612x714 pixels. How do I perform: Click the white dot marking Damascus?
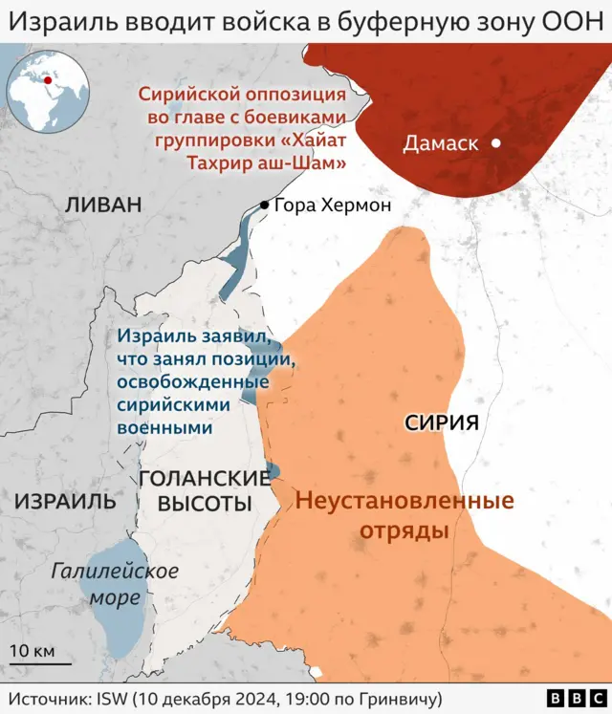(496, 143)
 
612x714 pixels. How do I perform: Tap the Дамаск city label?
(440, 144)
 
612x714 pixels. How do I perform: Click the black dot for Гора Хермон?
(264, 205)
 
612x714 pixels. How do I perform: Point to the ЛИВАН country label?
(103, 205)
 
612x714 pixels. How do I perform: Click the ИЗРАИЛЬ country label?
(65, 501)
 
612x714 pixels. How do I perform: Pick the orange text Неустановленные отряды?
(404, 515)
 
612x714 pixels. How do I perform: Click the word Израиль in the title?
(58, 20)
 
